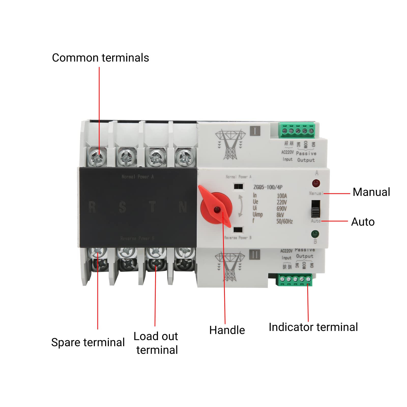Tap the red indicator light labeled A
pos(316,183)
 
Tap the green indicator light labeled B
pos(315,234)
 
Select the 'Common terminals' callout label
pos(100,58)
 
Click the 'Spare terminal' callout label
pos(88,342)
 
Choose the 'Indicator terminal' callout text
pos(313,327)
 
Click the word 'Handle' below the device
pos(227,330)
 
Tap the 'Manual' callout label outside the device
pos(371,192)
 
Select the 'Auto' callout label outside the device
pos(363,222)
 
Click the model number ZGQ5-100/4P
pos(268,187)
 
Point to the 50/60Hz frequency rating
pos(284,221)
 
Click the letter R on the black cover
pos(92,207)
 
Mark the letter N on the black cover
pos(183,207)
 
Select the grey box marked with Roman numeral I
pos(255,131)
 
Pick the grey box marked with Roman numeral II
pos(255,254)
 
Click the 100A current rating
pos(282,196)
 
